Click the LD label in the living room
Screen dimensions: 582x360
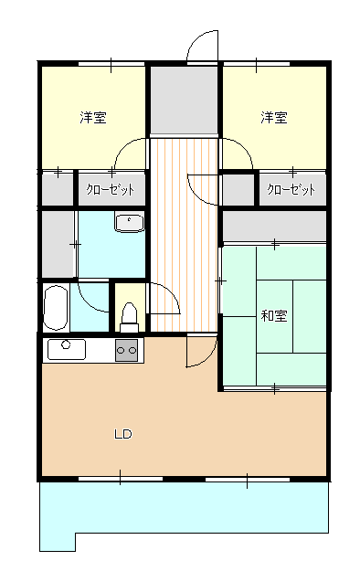tap(122, 434)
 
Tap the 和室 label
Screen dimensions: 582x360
tap(274, 316)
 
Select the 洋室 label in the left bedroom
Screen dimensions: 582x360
tap(92, 118)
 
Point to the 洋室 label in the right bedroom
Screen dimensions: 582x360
tap(274, 118)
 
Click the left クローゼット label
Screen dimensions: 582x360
tap(110, 190)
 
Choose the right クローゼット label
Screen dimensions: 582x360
tap(291, 190)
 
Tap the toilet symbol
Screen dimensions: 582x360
tap(129, 315)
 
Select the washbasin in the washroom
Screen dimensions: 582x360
tap(129, 221)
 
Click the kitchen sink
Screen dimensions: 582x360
tap(64, 349)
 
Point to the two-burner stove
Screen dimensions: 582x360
tap(126, 349)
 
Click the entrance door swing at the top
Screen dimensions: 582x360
tap(203, 46)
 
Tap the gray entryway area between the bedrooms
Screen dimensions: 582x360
tap(184, 100)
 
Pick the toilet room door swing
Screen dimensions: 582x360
tap(164, 297)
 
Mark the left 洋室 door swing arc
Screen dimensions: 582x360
tap(131, 152)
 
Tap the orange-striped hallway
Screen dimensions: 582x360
tap(184, 238)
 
